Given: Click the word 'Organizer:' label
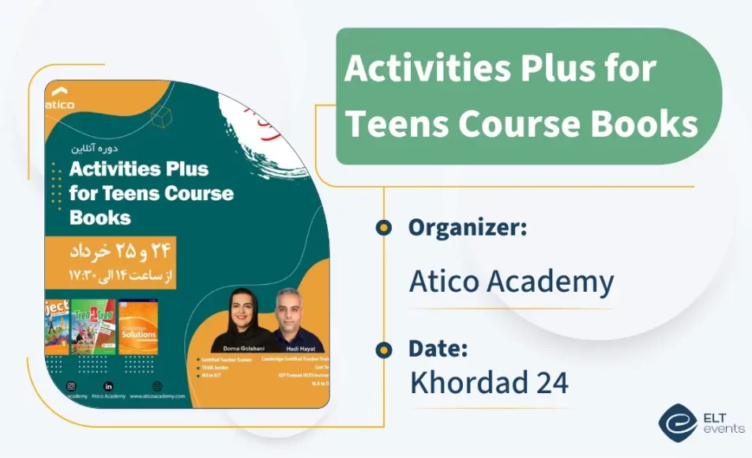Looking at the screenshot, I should pyautogui.click(x=467, y=228).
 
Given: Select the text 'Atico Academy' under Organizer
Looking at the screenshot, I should pyautogui.click(x=510, y=281).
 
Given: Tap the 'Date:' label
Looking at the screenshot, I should pyautogui.click(x=438, y=348).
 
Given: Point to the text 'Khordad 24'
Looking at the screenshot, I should pyautogui.click(x=488, y=382).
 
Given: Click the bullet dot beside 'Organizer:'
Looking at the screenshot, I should pyautogui.click(x=384, y=228).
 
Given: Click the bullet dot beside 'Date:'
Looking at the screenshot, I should pyautogui.click(x=384, y=349).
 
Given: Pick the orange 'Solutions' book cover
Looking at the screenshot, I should pyautogui.click(x=138, y=326).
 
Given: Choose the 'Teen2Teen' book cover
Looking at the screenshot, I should pyautogui.click(x=94, y=326).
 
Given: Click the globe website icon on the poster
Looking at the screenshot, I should pyautogui.click(x=156, y=385).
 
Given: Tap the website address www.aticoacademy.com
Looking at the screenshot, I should pyautogui.click(x=157, y=396).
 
